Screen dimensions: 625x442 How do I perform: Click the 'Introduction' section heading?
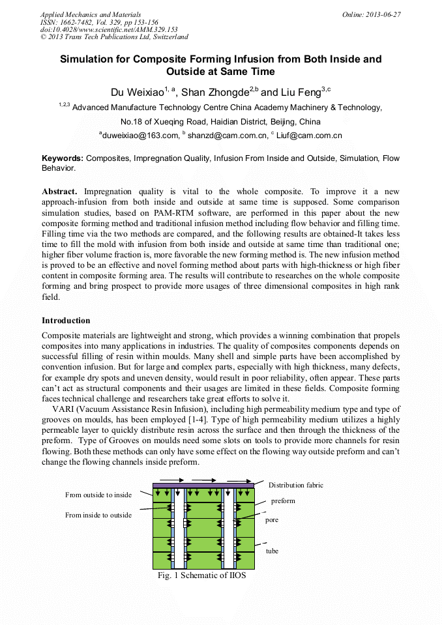click(66, 321)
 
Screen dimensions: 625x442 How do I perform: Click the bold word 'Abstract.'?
click(60, 192)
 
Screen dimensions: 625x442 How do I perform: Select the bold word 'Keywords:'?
click(63, 158)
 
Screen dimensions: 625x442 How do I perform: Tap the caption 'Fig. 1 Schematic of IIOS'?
click(201, 575)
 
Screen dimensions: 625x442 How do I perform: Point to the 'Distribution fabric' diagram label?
click(295, 485)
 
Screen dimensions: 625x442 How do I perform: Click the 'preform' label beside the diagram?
click(283, 501)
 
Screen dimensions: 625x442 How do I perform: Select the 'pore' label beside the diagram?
click(272, 521)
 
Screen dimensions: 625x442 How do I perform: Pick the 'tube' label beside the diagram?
click(272, 551)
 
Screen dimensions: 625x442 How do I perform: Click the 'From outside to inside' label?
click(98, 495)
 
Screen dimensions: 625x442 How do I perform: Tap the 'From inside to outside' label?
click(98, 515)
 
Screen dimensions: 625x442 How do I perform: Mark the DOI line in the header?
click(109, 29)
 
